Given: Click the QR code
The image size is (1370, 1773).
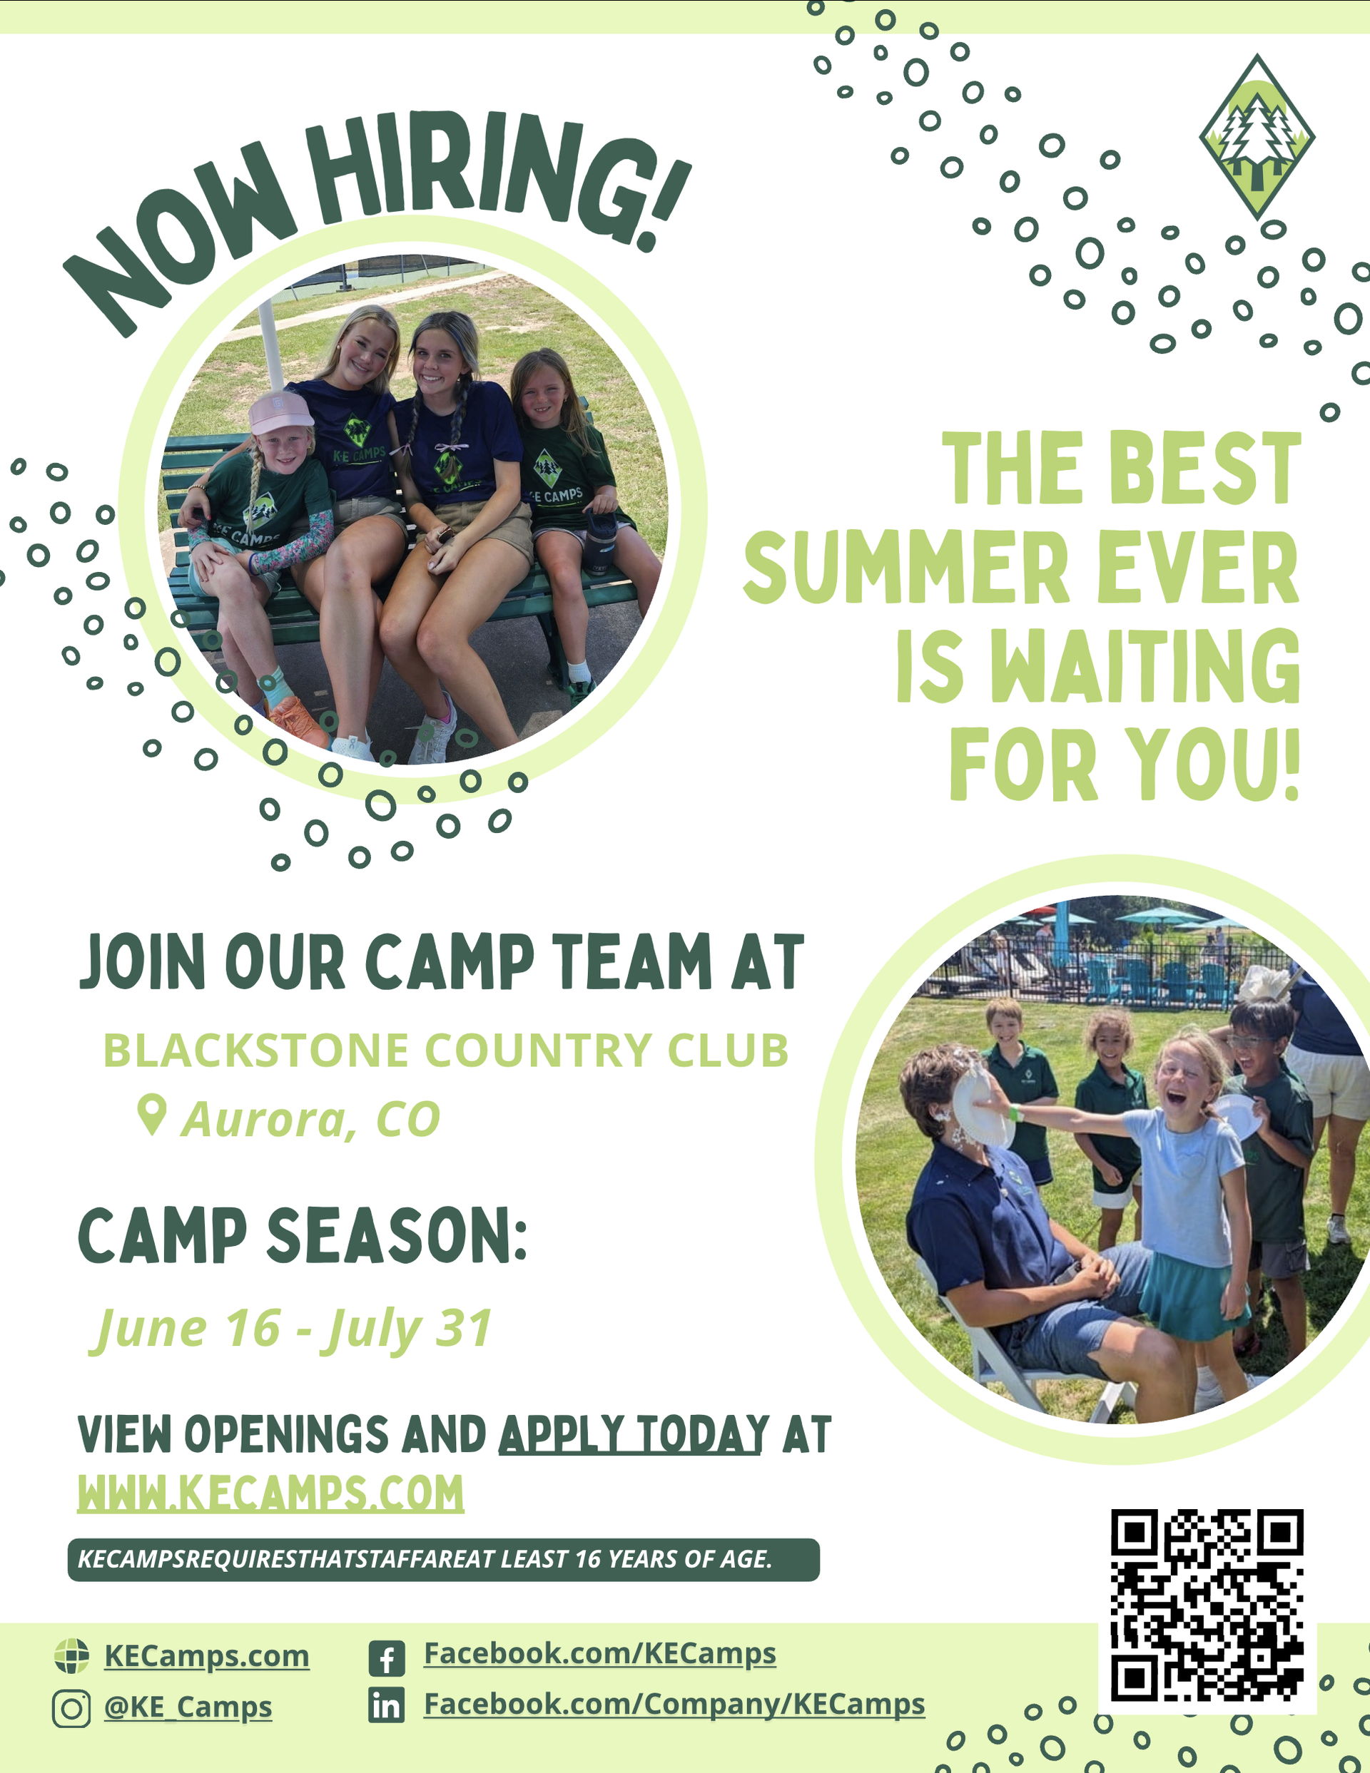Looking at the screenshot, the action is pos(1207,1605).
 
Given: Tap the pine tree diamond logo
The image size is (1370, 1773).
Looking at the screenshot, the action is pos(1257,136).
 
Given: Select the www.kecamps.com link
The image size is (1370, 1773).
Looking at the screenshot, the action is pos(270,1493).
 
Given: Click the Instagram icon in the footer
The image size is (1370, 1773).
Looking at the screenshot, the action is pos(71,1709).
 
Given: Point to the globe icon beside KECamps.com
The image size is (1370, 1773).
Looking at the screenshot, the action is pos(71,1656).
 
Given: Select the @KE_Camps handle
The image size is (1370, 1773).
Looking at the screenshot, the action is pos(188,1707).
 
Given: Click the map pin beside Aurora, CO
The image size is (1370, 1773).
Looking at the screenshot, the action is pos(152,1115).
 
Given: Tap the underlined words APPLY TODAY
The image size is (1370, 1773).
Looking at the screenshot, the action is pos(634,1434).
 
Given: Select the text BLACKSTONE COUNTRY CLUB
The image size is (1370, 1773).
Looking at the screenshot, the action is pos(446,1051).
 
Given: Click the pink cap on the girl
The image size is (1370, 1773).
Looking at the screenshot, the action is pos(280,413).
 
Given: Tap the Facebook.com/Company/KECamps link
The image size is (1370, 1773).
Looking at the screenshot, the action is pos(674,1703).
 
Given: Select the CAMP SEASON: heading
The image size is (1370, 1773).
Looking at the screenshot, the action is pos(302,1235).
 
